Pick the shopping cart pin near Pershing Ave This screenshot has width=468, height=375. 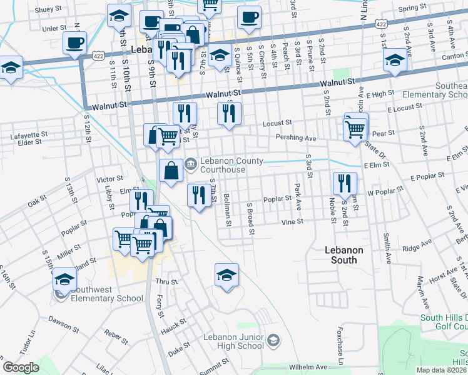click(x=355, y=130)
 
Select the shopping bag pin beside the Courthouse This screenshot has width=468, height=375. click(x=171, y=171)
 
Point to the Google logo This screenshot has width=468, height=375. click(x=21, y=367)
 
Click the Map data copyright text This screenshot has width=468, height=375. click(x=442, y=370)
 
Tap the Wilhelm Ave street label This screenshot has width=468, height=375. click(x=308, y=367)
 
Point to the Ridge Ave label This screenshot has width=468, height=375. click(x=417, y=247)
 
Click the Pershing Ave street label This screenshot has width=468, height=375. click(x=284, y=137)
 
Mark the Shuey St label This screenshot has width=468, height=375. click(x=48, y=9)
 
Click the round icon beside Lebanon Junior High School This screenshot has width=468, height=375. click(x=273, y=341)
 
